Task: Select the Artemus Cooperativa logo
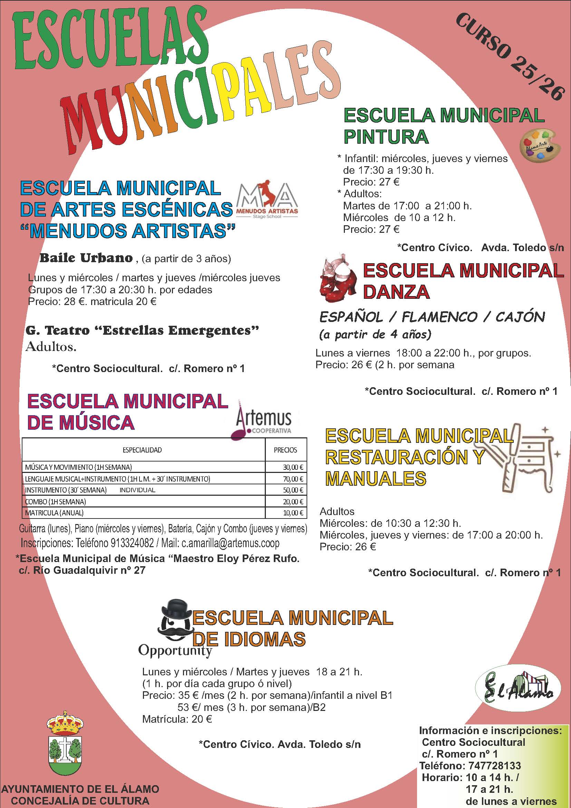262,420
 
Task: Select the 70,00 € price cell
293,478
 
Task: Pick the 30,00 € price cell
293,467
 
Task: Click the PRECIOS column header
285,450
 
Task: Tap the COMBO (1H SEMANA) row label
56,502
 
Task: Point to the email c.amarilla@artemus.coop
230,543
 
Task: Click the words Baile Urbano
86,258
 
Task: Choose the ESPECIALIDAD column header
142,450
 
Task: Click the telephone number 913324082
132,543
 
